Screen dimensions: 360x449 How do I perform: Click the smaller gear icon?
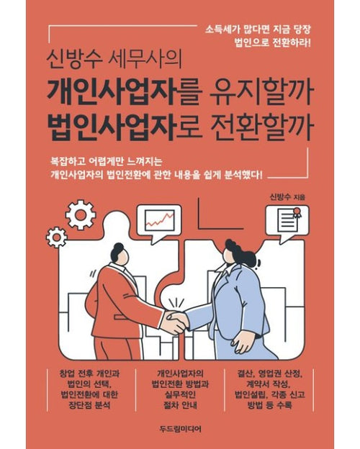[57, 237]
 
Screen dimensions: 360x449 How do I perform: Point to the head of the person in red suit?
[118, 254]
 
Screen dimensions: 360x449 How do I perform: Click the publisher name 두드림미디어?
[181, 429]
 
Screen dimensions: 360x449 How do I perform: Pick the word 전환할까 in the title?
[260, 127]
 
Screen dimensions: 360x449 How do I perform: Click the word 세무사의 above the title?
[145, 59]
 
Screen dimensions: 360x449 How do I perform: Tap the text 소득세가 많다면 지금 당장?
[258, 30]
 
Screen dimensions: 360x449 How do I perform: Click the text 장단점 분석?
[90, 405]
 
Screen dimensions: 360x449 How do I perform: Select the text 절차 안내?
[180, 405]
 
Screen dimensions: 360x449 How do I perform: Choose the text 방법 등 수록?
[269, 405]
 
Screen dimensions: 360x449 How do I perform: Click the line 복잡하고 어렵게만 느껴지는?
[107, 162]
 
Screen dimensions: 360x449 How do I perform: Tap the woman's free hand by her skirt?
[243, 342]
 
